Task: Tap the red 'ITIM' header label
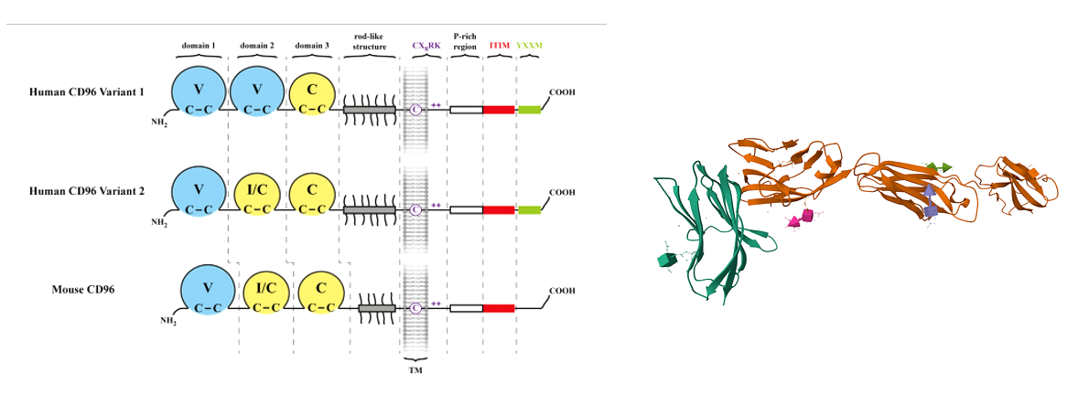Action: coord(499,45)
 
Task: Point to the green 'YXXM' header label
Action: coord(529,45)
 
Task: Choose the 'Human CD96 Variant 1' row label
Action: coord(86,92)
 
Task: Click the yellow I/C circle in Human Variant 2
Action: coord(256,195)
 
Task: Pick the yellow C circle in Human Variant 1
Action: coord(312,97)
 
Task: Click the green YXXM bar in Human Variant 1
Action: coord(529,110)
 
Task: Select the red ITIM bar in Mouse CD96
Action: coord(498,308)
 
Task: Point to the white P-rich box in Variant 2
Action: coord(466,209)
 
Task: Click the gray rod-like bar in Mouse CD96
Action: coord(376,308)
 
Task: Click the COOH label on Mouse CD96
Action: coord(562,293)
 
